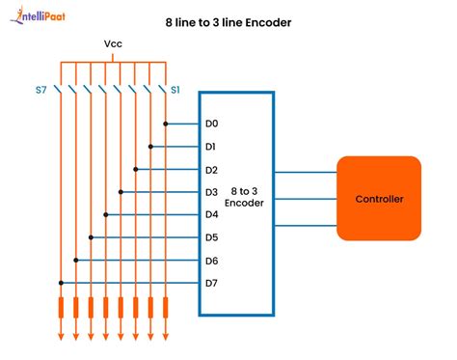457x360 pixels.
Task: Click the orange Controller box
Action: (378, 199)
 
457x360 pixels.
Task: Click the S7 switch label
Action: (41, 90)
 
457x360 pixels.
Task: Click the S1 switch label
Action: (176, 90)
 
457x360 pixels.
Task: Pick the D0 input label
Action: (212, 124)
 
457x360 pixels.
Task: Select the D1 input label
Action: (212, 147)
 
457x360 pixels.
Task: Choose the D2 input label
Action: (212, 169)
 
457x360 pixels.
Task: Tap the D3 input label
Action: (212, 192)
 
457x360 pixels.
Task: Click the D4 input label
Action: (212, 214)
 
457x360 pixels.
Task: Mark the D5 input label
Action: (212, 237)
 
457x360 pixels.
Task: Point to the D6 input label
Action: (212, 260)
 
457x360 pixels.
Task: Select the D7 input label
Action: (212, 283)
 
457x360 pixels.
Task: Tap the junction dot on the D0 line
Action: (166, 124)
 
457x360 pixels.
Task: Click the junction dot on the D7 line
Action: (60, 283)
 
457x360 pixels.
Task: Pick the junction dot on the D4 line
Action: (105, 214)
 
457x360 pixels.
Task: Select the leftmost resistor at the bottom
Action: (60, 308)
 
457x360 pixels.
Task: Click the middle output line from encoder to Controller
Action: (306, 199)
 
